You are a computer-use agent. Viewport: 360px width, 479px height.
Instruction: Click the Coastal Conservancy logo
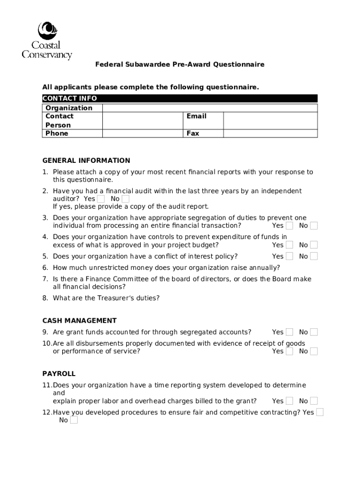point(47,41)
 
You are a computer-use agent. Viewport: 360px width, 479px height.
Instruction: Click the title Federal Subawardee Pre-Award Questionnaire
point(180,65)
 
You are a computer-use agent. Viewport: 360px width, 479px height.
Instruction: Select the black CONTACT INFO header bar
point(180,98)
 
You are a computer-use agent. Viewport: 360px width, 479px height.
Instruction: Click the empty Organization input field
point(209,108)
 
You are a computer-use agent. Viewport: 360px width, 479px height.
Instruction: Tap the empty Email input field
point(270,120)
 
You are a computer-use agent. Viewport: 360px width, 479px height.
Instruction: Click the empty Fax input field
point(270,133)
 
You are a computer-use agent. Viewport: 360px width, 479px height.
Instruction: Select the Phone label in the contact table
point(57,133)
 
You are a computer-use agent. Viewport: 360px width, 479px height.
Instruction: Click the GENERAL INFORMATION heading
point(86,160)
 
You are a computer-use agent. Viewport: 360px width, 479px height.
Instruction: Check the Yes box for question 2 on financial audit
point(101,199)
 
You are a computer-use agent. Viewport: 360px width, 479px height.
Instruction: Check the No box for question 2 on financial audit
point(125,199)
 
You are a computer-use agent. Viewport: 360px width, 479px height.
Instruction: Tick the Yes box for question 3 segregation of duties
point(290,226)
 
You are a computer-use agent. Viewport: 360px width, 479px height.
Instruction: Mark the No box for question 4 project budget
point(314,245)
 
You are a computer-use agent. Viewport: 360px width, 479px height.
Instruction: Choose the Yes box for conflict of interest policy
point(290,256)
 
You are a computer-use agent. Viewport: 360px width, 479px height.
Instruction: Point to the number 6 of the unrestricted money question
point(45,268)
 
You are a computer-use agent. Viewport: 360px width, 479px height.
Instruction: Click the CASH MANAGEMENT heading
point(79,321)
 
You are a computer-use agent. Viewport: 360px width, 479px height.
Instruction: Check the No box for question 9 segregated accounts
point(314,332)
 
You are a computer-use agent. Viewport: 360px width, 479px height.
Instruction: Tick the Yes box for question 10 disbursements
point(290,351)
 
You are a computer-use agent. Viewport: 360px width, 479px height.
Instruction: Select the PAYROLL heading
point(59,374)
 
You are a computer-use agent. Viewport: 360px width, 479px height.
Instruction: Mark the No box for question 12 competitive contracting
point(74,420)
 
